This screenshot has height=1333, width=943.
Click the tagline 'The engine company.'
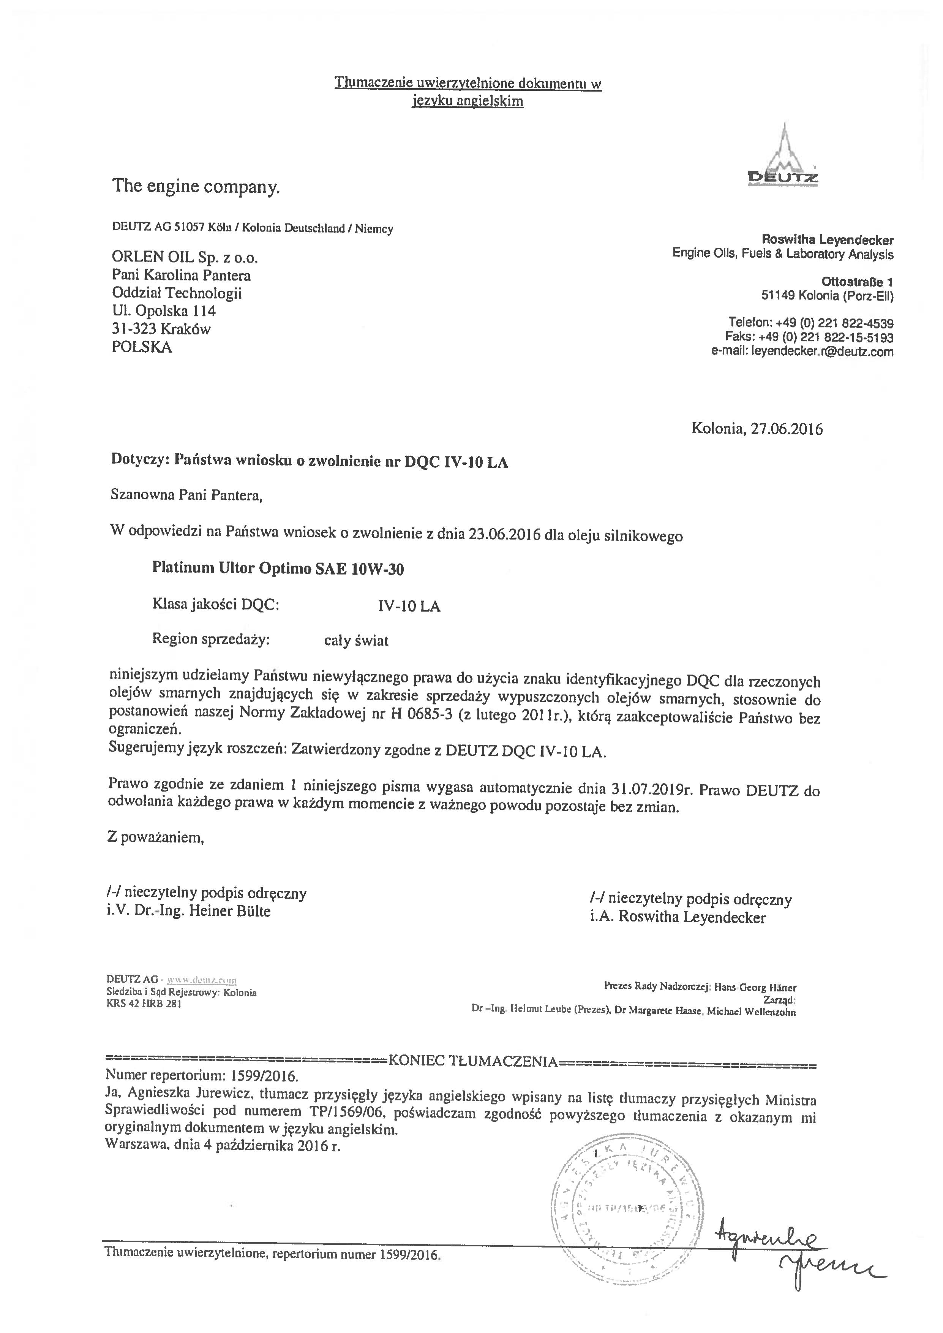coord(196,187)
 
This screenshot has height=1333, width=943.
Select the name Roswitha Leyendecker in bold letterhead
coord(828,240)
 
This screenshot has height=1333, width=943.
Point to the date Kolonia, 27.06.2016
coord(757,429)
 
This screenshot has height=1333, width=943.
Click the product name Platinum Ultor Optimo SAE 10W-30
coord(278,568)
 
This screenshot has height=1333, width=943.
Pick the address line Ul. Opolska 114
coord(164,311)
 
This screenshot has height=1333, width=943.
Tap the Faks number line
coord(809,337)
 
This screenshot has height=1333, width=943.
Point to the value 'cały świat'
coord(356,641)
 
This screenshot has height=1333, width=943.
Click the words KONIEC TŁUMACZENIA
coord(473,1062)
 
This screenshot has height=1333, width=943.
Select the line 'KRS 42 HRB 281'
coord(144,1004)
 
